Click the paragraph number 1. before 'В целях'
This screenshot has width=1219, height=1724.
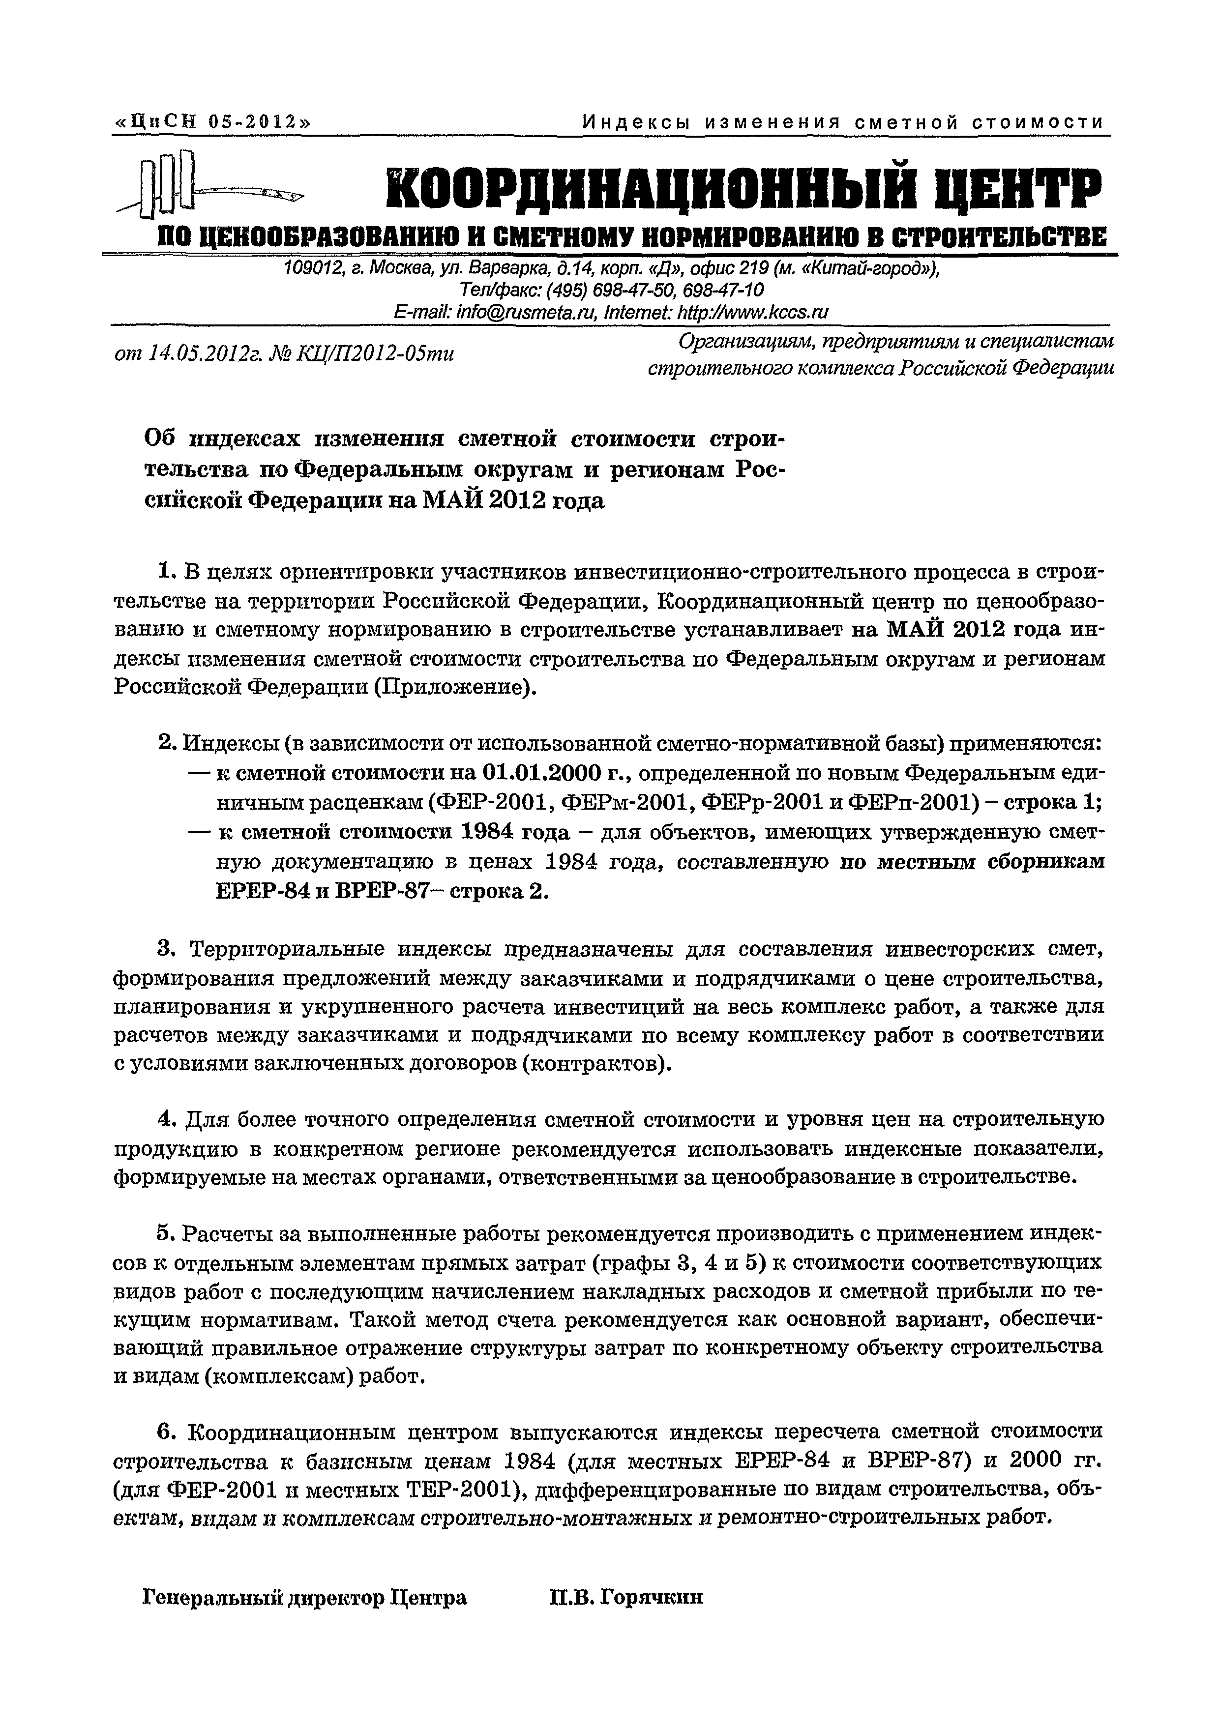tap(167, 572)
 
